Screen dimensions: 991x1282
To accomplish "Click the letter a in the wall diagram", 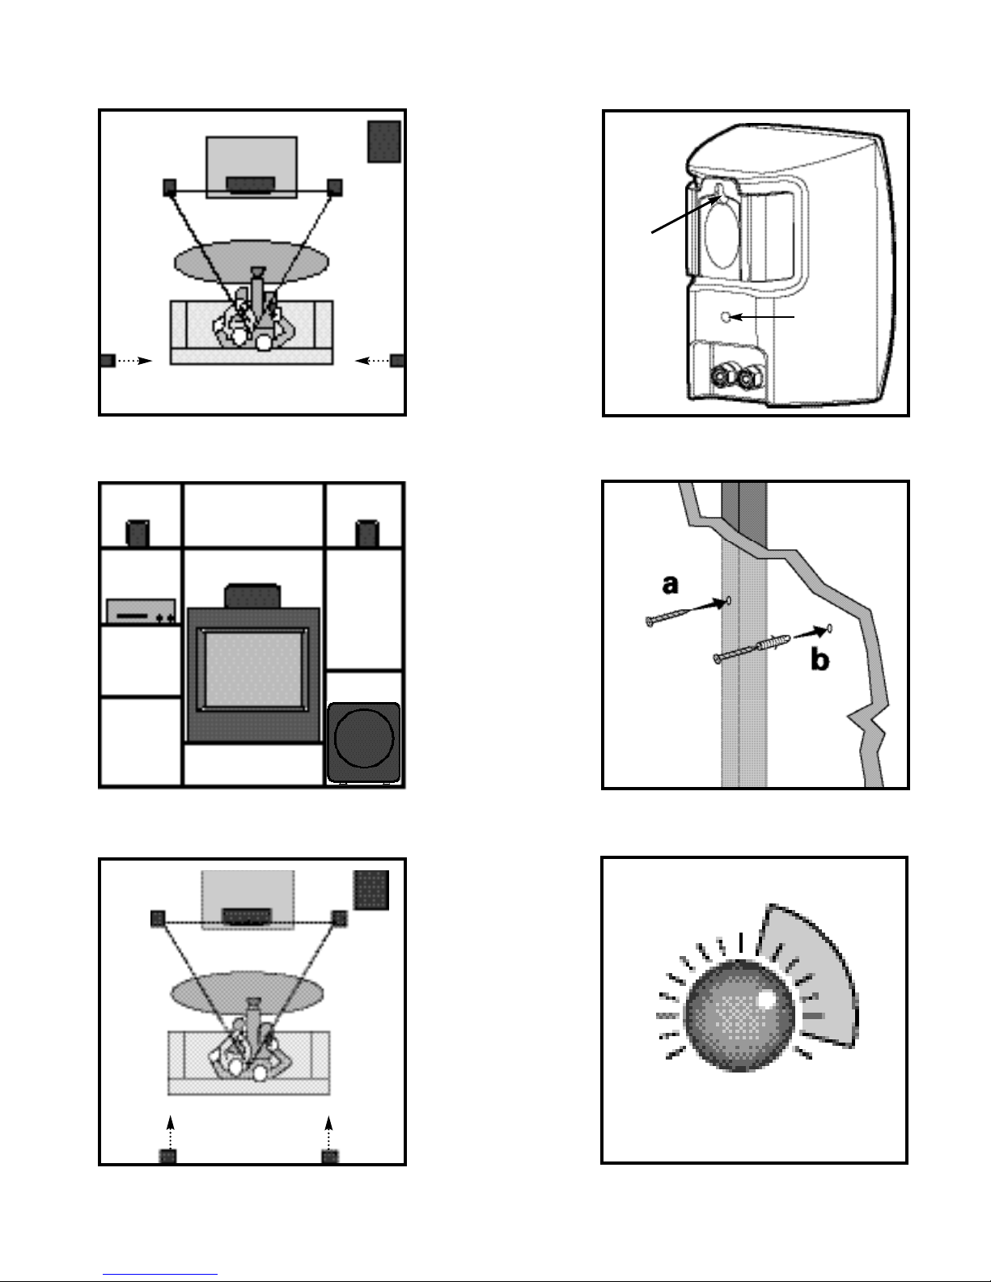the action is pos(671,585).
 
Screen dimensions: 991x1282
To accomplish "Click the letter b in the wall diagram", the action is pos(820,659).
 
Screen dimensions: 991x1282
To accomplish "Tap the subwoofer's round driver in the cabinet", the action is pos(363,738).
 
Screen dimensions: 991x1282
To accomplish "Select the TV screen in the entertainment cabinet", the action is pos(253,670).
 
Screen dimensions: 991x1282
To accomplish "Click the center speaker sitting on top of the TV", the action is pos(252,596).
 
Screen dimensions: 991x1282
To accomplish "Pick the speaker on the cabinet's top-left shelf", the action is pos(138,533).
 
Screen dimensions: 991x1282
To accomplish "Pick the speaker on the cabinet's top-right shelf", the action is pos(367,533).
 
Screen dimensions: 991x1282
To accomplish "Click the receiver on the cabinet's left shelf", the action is pos(141,611).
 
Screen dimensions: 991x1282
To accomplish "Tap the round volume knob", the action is pos(739,1015).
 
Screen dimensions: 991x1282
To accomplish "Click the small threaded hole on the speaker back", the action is pos(726,317).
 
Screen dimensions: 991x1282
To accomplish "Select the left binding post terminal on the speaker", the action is pos(722,376).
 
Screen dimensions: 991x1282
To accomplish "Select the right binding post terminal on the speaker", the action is pos(751,376).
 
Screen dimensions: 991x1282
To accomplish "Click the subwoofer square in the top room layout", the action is pos(384,142).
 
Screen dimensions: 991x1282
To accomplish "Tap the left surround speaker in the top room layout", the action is pos(108,361).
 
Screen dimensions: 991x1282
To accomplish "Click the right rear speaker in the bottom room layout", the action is pos(330,1157).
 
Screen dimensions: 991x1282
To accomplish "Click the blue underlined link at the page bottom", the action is pos(160,1273).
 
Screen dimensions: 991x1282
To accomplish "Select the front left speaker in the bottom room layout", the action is pos(158,919).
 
